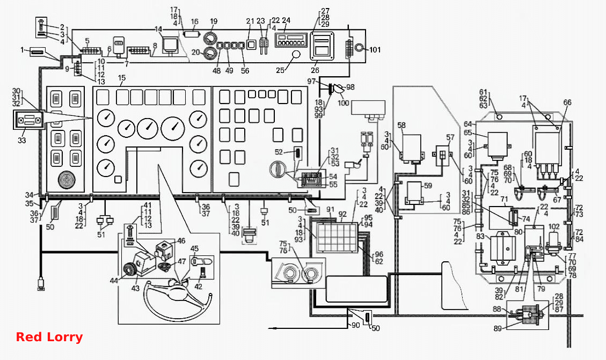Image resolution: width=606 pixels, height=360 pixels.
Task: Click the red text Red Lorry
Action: click(x=49, y=337)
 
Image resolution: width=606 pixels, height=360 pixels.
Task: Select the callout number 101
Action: click(x=375, y=49)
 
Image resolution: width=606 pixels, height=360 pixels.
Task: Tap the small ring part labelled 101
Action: click(x=359, y=48)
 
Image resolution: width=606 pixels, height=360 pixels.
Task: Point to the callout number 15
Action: click(x=122, y=78)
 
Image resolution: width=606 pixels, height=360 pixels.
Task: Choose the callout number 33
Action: click(x=21, y=140)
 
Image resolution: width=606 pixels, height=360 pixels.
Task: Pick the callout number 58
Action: click(x=401, y=125)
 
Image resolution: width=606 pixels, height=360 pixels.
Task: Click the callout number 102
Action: click(x=554, y=227)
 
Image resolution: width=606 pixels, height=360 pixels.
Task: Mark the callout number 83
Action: click(x=480, y=236)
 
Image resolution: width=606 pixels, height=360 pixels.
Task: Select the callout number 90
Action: click(x=355, y=325)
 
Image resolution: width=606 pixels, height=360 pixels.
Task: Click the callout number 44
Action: click(x=113, y=281)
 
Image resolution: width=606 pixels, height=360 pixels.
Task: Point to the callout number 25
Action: click(x=280, y=70)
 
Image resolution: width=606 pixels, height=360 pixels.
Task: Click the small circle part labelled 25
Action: click(x=296, y=54)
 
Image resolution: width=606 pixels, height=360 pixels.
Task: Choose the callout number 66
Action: click(x=567, y=102)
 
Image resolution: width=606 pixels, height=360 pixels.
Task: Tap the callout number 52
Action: click(x=279, y=152)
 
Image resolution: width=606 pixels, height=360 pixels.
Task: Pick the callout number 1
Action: click(x=22, y=50)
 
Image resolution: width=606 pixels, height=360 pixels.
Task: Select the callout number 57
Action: click(x=450, y=137)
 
